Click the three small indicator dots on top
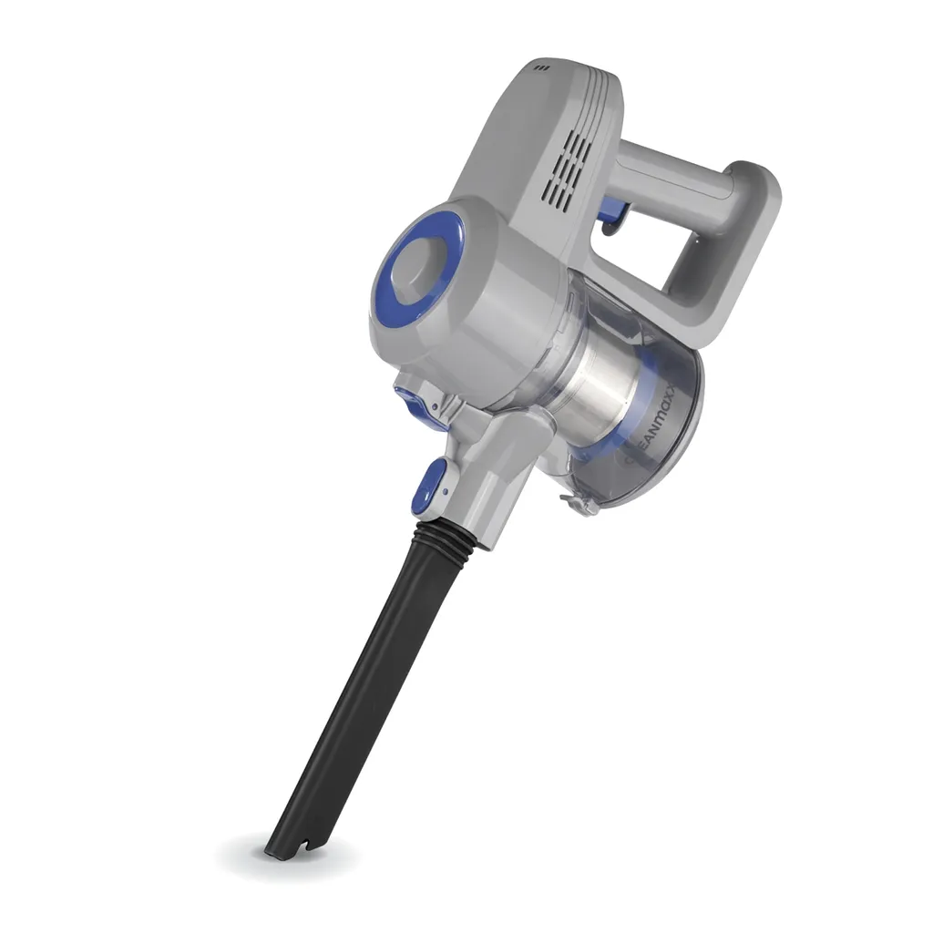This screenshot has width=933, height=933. pyautogui.click(x=543, y=67)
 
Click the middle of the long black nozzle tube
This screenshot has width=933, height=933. pyautogui.click(x=364, y=692)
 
